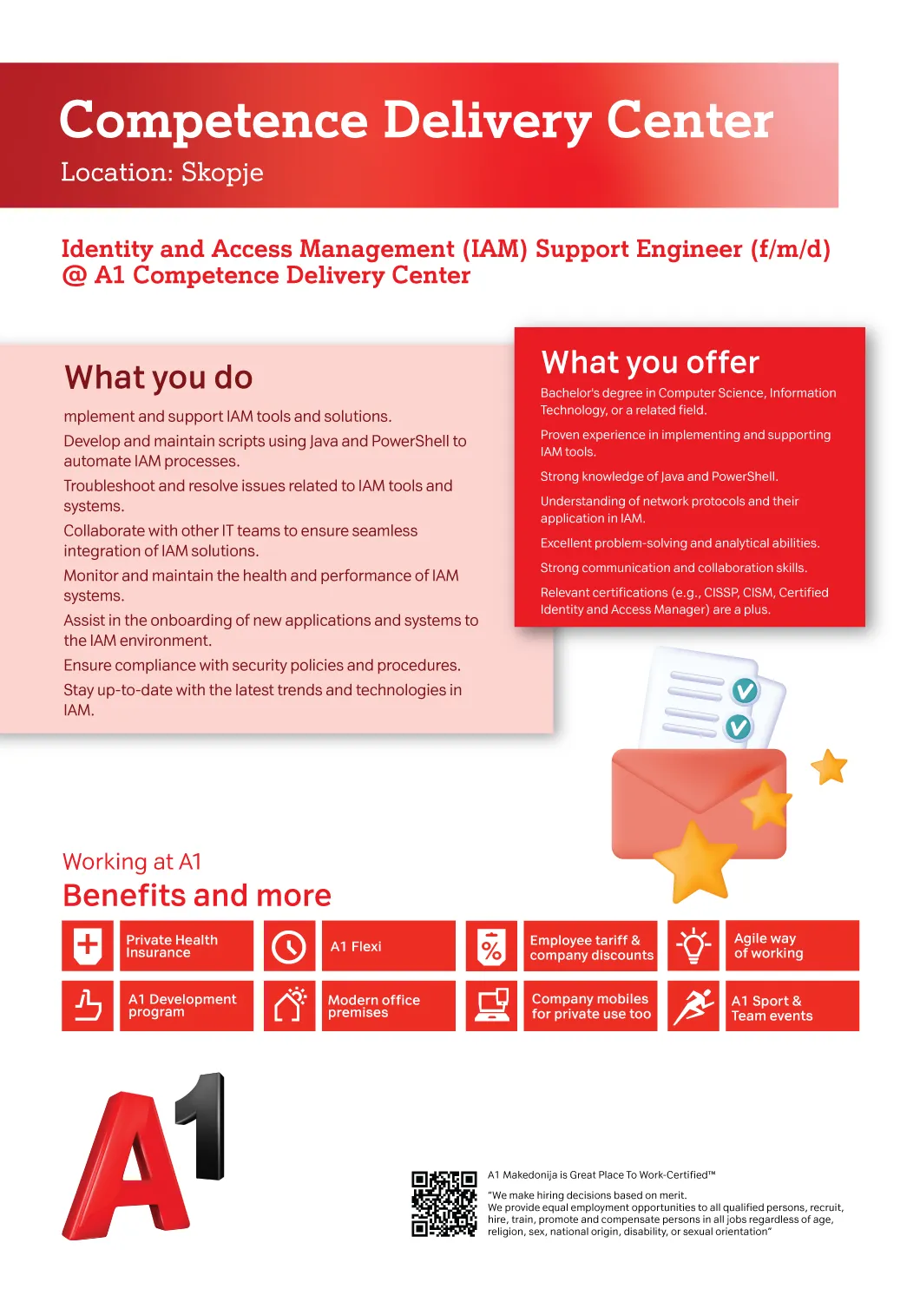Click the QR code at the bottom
(444, 1204)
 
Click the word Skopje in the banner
(222, 173)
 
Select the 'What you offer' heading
(650, 362)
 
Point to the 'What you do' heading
(158, 378)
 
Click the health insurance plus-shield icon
(88, 946)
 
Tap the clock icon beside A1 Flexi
(289, 946)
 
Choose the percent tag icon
(491, 947)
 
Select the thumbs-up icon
(88, 1005)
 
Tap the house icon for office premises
(290, 1004)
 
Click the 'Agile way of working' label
(768, 946)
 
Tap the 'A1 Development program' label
(182, 1005)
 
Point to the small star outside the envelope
(829, 766)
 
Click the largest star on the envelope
(695, 861)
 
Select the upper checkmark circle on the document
(745, 691)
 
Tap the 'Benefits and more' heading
(197, 895)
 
